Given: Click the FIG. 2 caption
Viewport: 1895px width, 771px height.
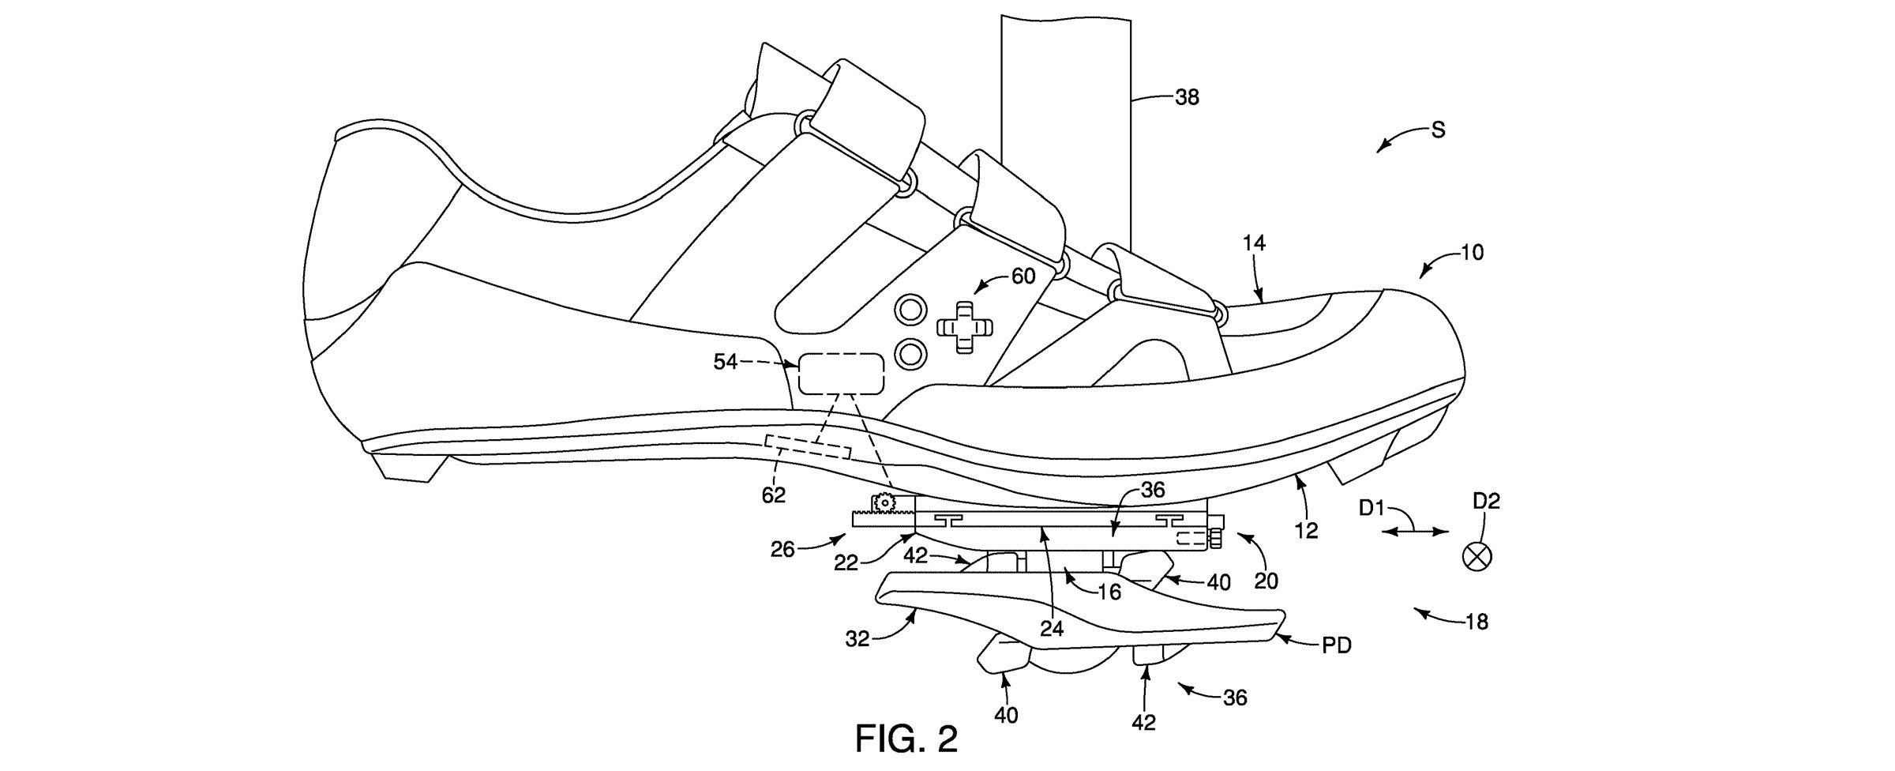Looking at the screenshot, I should click(906, 739).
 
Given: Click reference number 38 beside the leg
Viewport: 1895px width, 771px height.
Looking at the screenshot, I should click(1186, 97).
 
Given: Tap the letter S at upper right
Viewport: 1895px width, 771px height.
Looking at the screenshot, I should click(1438, 130).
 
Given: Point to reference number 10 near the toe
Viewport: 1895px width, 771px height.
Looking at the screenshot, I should click(1471, 253).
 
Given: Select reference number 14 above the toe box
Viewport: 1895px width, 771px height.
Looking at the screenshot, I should click(1253, 243).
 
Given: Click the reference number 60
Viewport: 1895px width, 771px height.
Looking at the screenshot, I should click(1023, 276).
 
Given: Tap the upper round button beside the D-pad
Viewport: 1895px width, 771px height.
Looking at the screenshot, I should click(911, 309).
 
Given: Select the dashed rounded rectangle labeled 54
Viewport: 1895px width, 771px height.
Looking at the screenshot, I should click(841, 374).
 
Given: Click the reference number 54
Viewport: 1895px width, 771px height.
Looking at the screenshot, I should click(726, 362).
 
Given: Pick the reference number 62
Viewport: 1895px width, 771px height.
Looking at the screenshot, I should click(773, 495).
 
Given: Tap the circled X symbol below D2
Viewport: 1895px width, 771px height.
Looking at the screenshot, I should click(1477, 556).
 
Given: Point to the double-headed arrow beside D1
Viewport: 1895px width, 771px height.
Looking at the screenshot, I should click(1415, 533).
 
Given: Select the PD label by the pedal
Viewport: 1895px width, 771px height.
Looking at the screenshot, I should click(1336, 645).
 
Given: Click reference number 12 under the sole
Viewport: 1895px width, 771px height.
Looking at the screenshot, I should click(1308, 530).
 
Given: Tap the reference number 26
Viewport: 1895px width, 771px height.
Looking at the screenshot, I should click(782, 549).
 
